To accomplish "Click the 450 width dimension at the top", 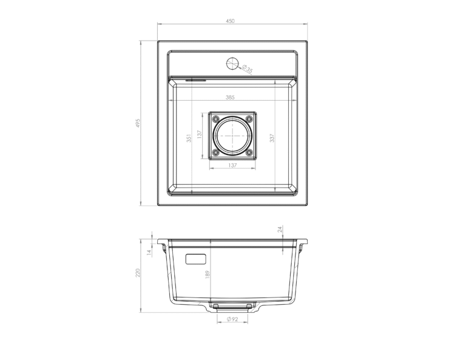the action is tap(230, 21).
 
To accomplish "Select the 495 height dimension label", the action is tap(137, 123).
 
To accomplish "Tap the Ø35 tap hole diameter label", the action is tap(248, 69).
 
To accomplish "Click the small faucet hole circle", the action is tap(232, 63).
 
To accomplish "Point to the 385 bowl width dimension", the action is tap(230, 97).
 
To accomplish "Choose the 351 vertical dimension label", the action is tap(189, 138).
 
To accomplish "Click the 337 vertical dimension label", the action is tap(272, 138).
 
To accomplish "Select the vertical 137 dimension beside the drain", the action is tap(200, 134).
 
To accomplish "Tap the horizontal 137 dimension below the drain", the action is tap(232, 165).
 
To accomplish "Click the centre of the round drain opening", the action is tap(232, 136).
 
